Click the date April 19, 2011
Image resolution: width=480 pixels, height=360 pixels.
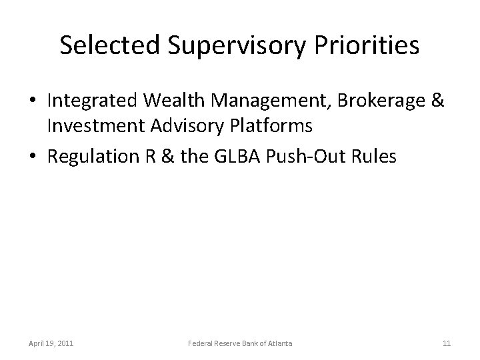51,343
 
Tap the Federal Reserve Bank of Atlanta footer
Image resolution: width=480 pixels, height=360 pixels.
239,343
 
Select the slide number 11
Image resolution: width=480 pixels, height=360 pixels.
446,343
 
